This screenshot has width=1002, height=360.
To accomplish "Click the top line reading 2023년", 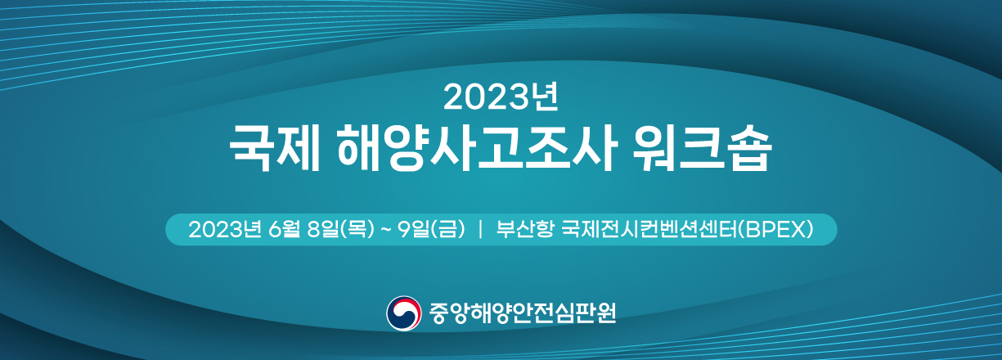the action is [501, 97].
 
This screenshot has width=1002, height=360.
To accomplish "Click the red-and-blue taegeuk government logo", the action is [404, 313].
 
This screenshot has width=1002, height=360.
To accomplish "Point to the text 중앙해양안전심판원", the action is [523, 313].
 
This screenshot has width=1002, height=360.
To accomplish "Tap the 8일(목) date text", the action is [341, 229].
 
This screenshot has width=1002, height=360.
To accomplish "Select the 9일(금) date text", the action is [432, 229].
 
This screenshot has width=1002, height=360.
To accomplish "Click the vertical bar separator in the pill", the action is [480, 229].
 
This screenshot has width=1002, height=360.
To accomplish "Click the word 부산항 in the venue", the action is [524, 229].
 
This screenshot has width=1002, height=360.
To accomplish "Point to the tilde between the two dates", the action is [385, 230].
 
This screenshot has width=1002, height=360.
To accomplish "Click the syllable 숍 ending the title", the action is [751, 148].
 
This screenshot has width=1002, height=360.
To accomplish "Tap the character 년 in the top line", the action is [545, 97].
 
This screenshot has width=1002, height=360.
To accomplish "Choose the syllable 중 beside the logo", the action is [438, 313].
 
